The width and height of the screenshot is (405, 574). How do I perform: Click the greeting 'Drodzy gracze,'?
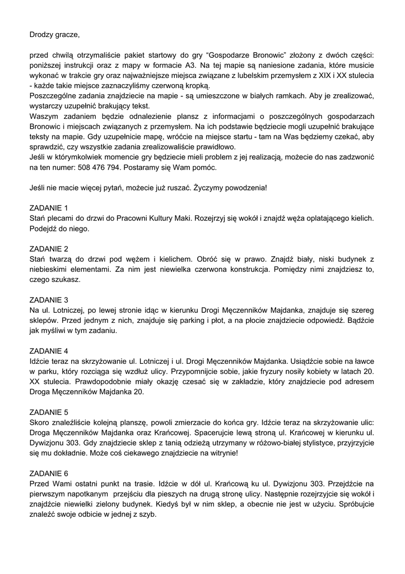pos(54,35)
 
